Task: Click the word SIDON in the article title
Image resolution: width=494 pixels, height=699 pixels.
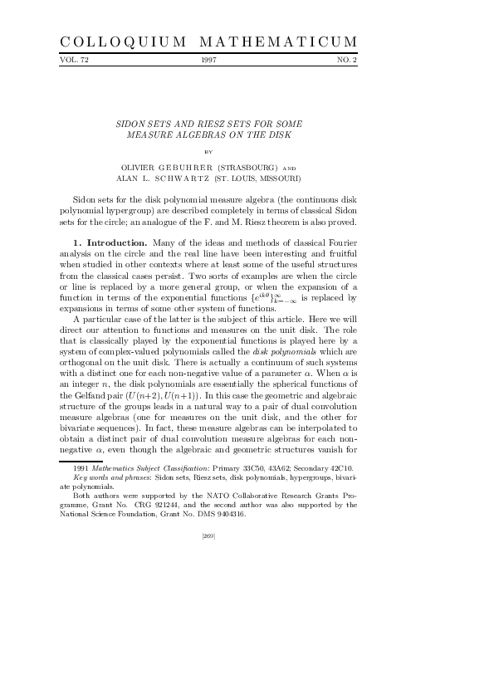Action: [135, 123]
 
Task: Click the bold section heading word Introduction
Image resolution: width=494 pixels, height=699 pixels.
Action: [113, 242]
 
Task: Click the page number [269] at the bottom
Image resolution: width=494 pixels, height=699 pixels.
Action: [209, 537]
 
